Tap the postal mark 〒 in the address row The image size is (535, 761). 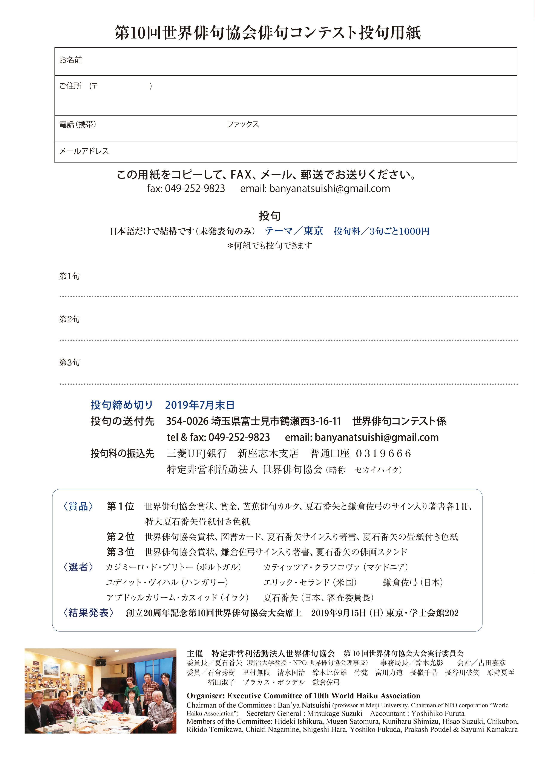click(x=95, y=86)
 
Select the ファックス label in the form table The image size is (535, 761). click(x=242, y=125)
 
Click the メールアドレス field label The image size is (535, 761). click(x=84, y=151)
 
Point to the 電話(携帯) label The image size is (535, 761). click(x=78, y=125)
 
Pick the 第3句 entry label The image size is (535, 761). click(x=69, y=362)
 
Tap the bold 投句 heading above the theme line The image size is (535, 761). click(x=270, y=216)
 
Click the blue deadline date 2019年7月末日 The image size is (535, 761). click(x=200, y=405)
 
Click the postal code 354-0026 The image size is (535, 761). click(x=187, y=421)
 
